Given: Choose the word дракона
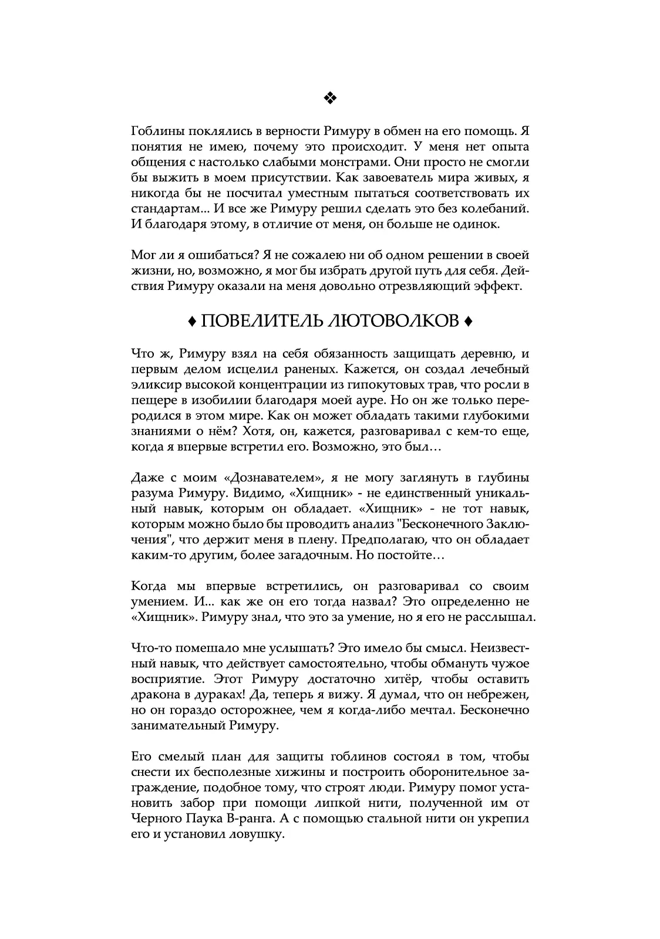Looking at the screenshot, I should click(x=155, y=695).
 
